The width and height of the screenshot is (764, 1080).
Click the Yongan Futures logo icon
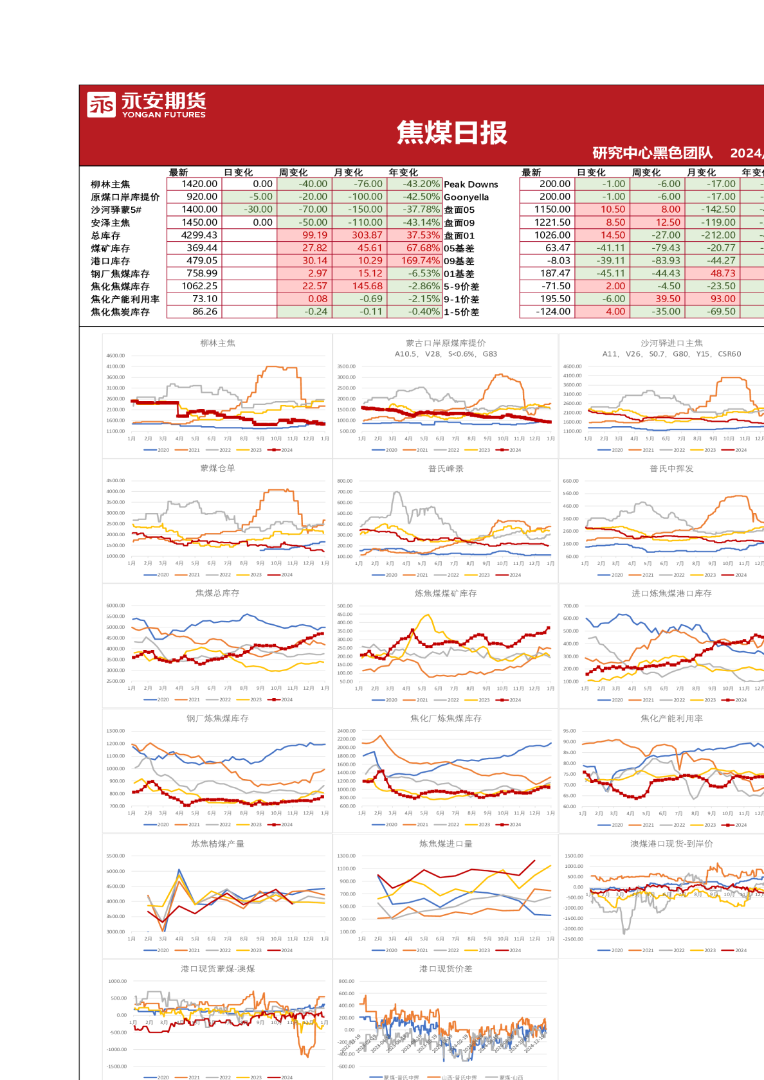[101, 105]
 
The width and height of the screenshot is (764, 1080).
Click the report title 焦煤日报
[452, 132]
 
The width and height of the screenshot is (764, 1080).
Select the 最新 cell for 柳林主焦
[199, 184]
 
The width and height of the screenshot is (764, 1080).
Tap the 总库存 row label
[105, 235]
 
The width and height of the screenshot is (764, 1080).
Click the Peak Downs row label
[471, 184]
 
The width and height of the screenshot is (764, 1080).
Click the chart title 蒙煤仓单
[217, 468]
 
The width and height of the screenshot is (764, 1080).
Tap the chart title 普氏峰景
[446, 469]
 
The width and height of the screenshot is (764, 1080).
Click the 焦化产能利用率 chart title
[671, 718]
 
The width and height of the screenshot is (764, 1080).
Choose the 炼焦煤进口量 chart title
[446, 843]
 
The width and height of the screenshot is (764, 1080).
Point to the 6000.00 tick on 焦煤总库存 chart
[116, 606]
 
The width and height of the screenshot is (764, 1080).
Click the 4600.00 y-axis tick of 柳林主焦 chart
[116, 355]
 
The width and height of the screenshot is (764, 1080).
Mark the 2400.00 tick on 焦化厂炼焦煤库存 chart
[346, 731]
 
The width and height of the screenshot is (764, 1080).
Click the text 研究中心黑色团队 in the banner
[652, 153]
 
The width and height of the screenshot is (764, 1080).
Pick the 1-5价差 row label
[461, 312]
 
